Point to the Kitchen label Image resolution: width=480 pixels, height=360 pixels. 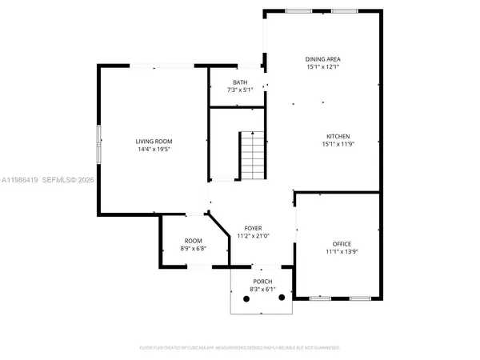[x=338, y=136]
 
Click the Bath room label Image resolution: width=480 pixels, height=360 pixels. [x=240, y=82]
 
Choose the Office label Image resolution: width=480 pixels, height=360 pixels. [x=342, y=243]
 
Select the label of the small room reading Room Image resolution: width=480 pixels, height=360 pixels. [x=193, y=240]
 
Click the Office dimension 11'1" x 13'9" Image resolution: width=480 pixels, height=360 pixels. [x=342, y=251]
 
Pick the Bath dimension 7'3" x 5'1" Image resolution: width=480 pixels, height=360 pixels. [x=240, y=90]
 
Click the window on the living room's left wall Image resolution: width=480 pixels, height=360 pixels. [x=99, y=144]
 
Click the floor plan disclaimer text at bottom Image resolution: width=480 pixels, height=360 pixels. [x=240, y=348]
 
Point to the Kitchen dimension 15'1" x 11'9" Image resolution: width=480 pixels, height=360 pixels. [x=338, y=144]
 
